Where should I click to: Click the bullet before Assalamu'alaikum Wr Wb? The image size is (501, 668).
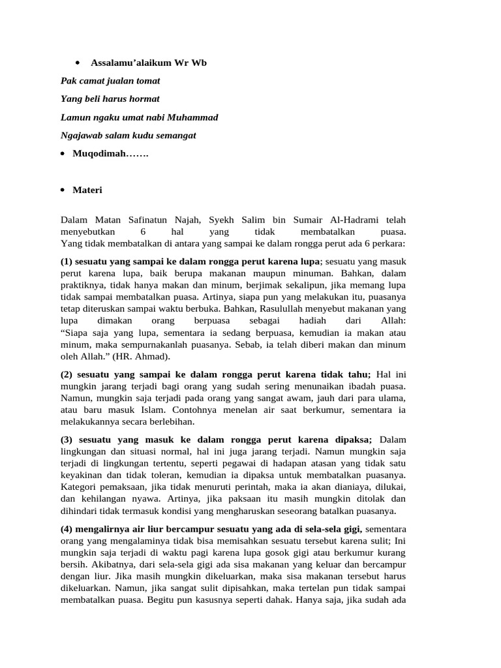coord(77,63)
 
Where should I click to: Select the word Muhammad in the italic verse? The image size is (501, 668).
coord(193,117)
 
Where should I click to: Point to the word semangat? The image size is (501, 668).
coord(175,136)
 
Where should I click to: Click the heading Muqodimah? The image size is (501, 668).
coord(110,154)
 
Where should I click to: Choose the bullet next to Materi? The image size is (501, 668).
coord(62,190)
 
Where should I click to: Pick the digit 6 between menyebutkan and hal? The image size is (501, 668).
coord(142,232)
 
